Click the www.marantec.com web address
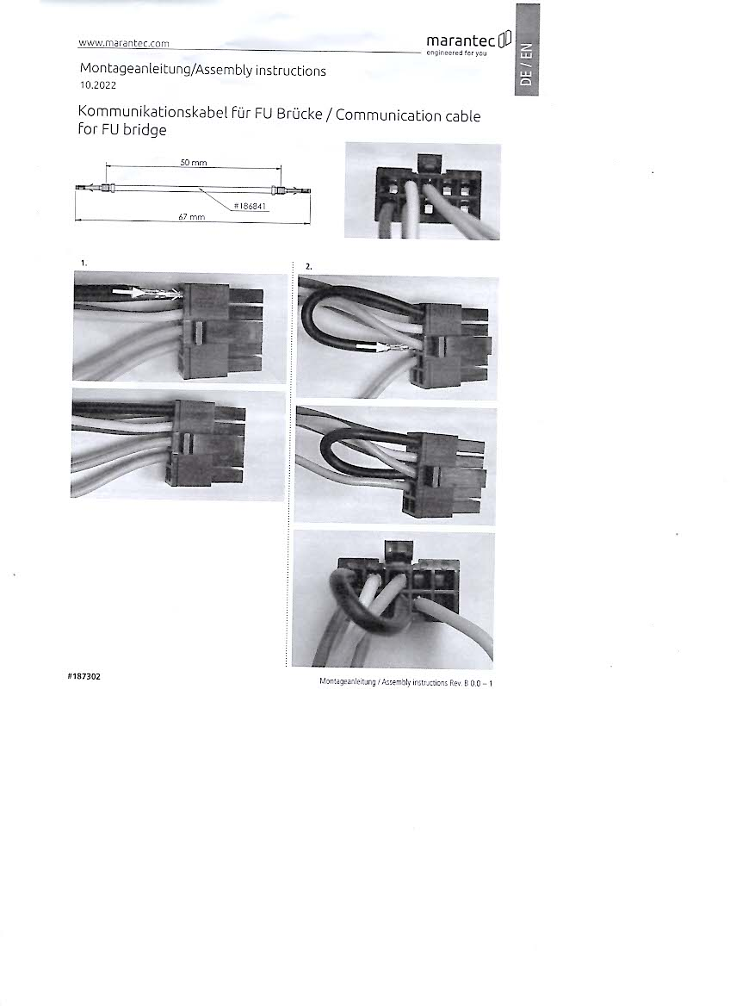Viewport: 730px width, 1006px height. (x=124, y=43)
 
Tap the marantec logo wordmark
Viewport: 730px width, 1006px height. (x=461, y=41)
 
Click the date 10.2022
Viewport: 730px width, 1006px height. (x=98, y=85)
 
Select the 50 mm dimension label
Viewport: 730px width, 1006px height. (x=193, y=162)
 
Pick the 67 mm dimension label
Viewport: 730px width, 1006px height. (x=191, y=217)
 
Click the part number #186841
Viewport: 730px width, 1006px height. (x=251, y=206)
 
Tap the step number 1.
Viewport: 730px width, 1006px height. (x=84, y=263)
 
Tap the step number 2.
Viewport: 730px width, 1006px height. (x=308, y=266)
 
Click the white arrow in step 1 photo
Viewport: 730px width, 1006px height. (x=128, y=293)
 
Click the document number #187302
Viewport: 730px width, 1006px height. (x=84, y=676)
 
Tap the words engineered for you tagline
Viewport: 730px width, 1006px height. (x=457, y=53)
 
